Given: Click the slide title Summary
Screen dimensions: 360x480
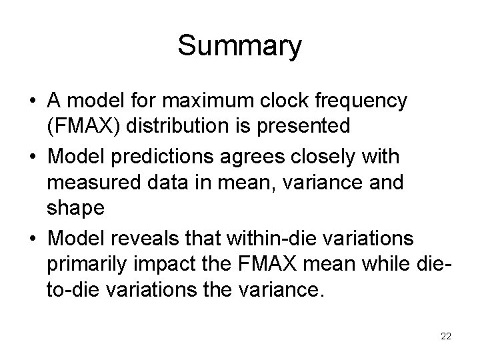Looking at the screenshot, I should (239, 47).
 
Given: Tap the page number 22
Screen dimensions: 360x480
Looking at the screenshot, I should (446, 337).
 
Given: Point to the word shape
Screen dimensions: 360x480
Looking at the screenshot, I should (75, 208).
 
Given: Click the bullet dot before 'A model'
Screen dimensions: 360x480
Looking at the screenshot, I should (31, 102).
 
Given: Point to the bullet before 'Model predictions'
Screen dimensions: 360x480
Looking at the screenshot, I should (31, 157).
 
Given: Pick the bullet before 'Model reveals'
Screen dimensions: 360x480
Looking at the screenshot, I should (31, 239).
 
